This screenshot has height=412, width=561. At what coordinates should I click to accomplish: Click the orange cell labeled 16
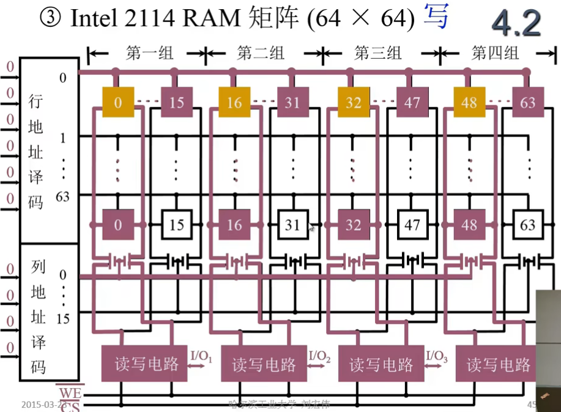coord(234,102)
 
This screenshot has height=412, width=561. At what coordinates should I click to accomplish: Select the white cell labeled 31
coord(293,225)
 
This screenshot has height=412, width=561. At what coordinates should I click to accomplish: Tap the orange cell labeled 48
coord(469,102)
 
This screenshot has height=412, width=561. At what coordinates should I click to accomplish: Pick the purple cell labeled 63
coord(528,102)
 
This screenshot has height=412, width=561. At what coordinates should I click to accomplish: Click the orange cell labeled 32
coord(353,102)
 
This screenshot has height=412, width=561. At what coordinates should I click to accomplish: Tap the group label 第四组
coord(495,53)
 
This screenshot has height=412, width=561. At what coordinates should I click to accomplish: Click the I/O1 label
coord(201,356)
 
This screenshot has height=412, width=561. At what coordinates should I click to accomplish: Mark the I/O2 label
coord(319,356)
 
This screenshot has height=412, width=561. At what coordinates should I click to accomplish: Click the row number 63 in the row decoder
coord(62,197)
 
